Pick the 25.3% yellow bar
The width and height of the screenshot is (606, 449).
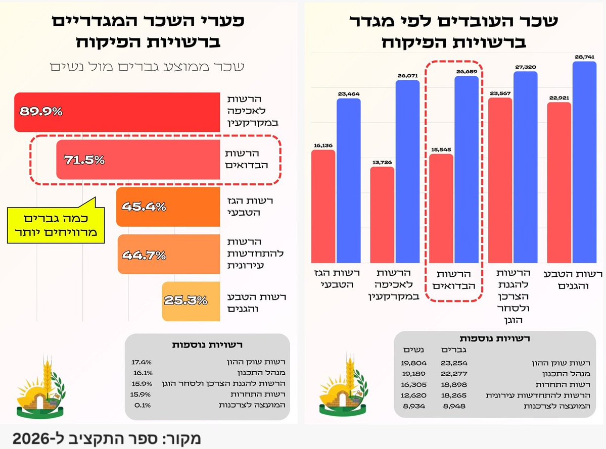pos(191,301)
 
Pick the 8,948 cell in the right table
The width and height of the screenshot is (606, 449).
pos(454,406)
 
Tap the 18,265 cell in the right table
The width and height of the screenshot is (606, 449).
pos(454,395)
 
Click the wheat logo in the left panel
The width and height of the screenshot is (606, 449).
pos(40,387)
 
